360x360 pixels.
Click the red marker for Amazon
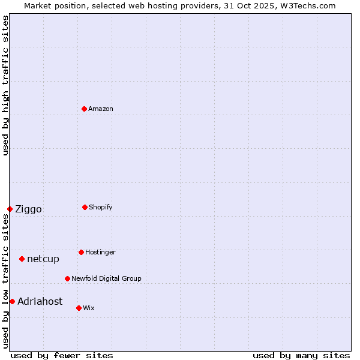tap(84, 109)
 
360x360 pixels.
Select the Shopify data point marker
tap(85, 207)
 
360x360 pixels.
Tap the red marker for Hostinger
tap(81, 252)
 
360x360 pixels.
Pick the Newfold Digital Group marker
tap(67, 278)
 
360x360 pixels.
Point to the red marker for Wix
tap(79, 308)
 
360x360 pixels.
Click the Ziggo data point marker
tap(10, 209)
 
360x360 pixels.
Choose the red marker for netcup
tap(22, 259)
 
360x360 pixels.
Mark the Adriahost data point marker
tap(12, 301)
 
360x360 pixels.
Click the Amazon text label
tap(101, 109)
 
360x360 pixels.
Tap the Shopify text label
tap(101, 207)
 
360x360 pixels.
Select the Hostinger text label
tap(100, 252)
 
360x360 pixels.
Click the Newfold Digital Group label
tap(106, 278)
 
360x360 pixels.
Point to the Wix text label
tap(89, 308)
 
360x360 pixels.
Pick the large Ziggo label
tap(28, 209)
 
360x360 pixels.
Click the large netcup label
tap(43, 259)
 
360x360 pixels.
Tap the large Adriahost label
tap(40, 301)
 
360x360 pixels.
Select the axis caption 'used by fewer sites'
tap(62, 355)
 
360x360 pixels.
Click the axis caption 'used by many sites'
tap(301, 355)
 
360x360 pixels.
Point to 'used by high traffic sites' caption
tap(5, 85)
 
